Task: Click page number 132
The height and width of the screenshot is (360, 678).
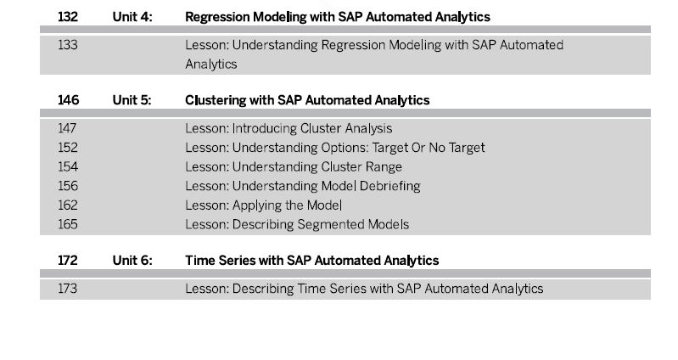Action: click(68, 17)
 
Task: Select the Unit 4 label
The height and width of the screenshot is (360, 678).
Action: click(132, 17)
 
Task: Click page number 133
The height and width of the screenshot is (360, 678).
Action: click(68, 45)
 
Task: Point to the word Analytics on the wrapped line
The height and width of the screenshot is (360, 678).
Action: click(211, 64)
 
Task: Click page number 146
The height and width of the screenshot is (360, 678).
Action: click(69, 100)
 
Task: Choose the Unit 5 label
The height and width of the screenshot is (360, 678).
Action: click(132, 100)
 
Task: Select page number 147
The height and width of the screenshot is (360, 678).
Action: click(67, 128)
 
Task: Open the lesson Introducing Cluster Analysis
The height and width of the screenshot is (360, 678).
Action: click(289, 128)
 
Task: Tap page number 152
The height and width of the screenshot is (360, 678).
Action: click(68, 148)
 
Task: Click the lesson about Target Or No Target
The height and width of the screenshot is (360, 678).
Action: click(335, 148)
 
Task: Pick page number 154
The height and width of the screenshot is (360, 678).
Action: click(68, 167)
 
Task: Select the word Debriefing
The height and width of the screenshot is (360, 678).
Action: click(390, 186)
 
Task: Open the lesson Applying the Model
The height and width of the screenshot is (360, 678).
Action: click(264, 205)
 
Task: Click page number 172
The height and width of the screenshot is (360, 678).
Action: click(68, 261)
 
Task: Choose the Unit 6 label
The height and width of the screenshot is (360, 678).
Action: click(132, 261)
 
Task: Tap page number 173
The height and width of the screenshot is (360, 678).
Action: click(67, 289)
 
